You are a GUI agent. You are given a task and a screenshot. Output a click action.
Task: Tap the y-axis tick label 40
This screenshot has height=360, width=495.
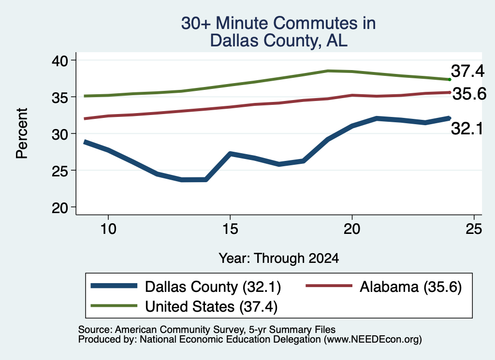[x=60, y=60]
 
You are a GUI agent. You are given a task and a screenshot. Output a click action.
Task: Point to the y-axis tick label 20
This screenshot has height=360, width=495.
[x=60, y=208]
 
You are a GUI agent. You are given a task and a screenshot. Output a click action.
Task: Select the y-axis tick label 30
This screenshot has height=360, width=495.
[x=60, y=134]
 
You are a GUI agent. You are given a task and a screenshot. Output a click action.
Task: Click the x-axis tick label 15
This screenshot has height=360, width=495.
[x=230, y=229]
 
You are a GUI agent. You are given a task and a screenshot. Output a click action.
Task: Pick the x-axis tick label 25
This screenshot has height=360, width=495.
[x=474, y=229]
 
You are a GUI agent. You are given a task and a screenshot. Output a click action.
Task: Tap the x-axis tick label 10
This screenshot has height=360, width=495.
[x=108, y=229]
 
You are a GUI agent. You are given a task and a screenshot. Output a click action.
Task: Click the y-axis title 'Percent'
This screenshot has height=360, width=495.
[x=22, y=133]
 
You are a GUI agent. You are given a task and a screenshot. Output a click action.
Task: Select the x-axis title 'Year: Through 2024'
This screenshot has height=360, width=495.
[x=279, y=258]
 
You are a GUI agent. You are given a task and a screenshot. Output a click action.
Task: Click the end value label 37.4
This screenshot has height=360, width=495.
[x=467, y=71]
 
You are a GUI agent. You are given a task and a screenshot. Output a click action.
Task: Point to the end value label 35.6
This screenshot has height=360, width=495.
[x=469, y=94]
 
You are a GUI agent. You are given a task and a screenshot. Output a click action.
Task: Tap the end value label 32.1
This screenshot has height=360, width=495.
[x=467, y=129]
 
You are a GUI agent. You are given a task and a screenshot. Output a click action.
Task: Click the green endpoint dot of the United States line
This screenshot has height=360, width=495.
[x=450, y=80]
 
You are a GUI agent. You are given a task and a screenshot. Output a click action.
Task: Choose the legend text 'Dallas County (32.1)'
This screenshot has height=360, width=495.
[x=213, y=287]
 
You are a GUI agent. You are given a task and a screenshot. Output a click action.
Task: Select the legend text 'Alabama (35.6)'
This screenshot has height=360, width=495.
[x=411, y=287]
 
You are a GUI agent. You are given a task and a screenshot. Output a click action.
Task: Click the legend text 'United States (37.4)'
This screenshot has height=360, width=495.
[x=211, y=307]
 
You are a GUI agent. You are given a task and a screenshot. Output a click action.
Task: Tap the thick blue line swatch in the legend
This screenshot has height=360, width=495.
[x=114, y=286]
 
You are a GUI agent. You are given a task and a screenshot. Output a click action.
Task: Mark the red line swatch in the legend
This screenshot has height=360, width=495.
[x=329, y=286]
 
